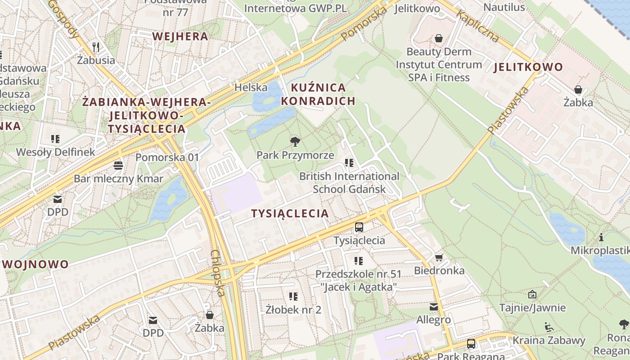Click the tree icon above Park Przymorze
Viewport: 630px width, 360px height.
click(x=295, y=142)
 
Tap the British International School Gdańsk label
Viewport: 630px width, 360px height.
click(x=349, y=182)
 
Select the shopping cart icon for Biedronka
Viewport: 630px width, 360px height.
click(x=439, y=257)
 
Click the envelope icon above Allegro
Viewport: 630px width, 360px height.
click(x=433, y=307)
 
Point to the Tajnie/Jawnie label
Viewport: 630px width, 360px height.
click(x=532, y=308)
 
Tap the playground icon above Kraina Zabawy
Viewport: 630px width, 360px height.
click(x=549, y=327)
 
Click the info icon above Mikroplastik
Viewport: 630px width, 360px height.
click(x=601, y=237)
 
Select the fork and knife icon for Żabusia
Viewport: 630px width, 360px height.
click(x=95, y=47)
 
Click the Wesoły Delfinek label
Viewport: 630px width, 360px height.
click(x=56, y=152)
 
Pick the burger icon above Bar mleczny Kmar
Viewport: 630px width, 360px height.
click(x=118, y=165)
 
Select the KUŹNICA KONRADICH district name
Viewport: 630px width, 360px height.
click(x=318, y=94)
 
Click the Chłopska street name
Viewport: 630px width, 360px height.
click(x=217, y=273)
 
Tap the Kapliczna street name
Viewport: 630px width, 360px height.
click(x=478, y=27)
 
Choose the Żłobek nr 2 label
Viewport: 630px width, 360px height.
click(x=293, y=310)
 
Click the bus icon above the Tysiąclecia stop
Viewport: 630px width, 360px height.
click(x=359, y=227)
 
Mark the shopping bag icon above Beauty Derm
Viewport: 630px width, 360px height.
click(x=438, y=39)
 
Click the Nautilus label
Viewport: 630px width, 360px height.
click(x=504, y=7)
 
